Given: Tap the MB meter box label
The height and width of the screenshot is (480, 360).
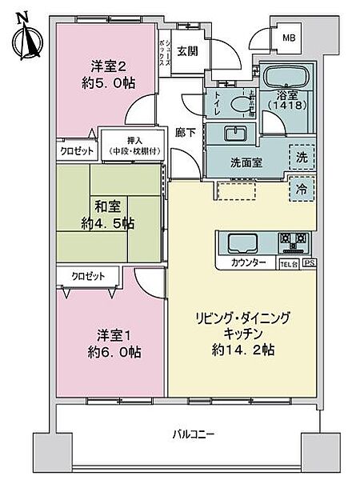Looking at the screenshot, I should (x=285, y=36).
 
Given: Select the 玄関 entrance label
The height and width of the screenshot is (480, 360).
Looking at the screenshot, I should (x=186, y=51).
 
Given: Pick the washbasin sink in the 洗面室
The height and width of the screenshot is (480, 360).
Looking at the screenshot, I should (x=235, y=134).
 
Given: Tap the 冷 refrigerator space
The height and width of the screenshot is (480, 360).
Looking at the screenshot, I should (x=302, y=190).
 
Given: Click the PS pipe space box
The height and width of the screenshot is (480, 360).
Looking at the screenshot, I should (x=307, y=263).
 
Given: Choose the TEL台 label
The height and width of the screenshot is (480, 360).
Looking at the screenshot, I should (x=286, y=263).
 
